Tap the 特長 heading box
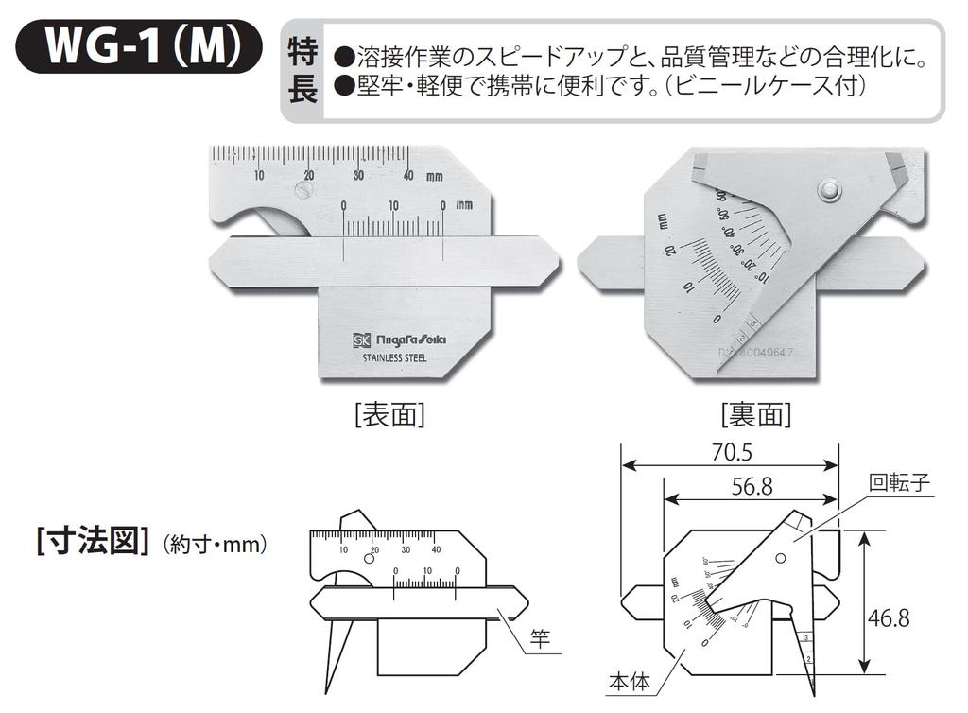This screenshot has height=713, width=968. click(x=303, y=72)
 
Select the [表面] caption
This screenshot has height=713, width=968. click(x=389, y=415)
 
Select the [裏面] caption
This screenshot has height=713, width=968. click(x=754, y=415)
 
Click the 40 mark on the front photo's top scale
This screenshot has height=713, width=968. click(x=407, y=174)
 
